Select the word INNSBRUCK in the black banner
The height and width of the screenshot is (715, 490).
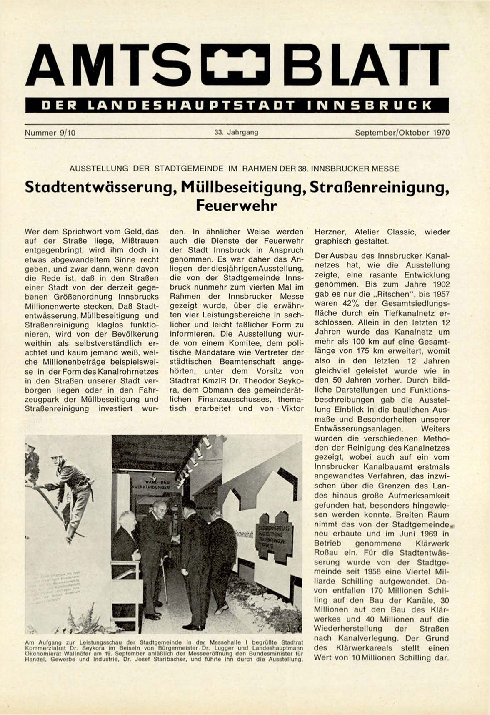pos(369,105)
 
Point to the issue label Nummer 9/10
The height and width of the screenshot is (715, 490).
pos(50,133)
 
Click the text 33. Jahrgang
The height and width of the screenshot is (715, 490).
pos(236,132)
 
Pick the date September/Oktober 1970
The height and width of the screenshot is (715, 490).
pos(402,133)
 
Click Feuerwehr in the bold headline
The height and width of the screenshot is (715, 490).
pos(236,206)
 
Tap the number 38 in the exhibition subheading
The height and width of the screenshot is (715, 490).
pos(303,169)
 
